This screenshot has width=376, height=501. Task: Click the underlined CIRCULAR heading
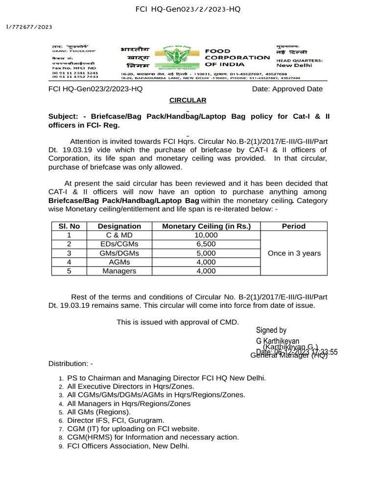coord(188,100)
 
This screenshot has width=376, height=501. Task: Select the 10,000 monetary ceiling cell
coord(206,235)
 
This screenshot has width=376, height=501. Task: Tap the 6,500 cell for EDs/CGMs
coord(206,244)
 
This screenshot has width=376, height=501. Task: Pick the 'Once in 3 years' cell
coord(294,253)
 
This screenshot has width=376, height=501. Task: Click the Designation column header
coord(119,226)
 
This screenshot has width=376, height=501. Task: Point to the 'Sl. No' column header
coord(69,226)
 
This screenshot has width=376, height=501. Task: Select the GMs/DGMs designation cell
coord(119,253)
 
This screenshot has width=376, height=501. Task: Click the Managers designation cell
coord(119,271)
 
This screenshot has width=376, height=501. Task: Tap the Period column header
coord(294,226)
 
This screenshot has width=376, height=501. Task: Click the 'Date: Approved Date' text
coord(287,89)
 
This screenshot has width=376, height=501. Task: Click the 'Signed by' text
coord(271,330)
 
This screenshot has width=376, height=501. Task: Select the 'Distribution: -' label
coord(70,364)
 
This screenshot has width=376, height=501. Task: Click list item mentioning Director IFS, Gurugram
coord(116,420)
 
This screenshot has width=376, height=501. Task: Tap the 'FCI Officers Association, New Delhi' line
coord(128,446)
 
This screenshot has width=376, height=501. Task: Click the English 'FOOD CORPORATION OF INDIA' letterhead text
coord(236,57)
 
